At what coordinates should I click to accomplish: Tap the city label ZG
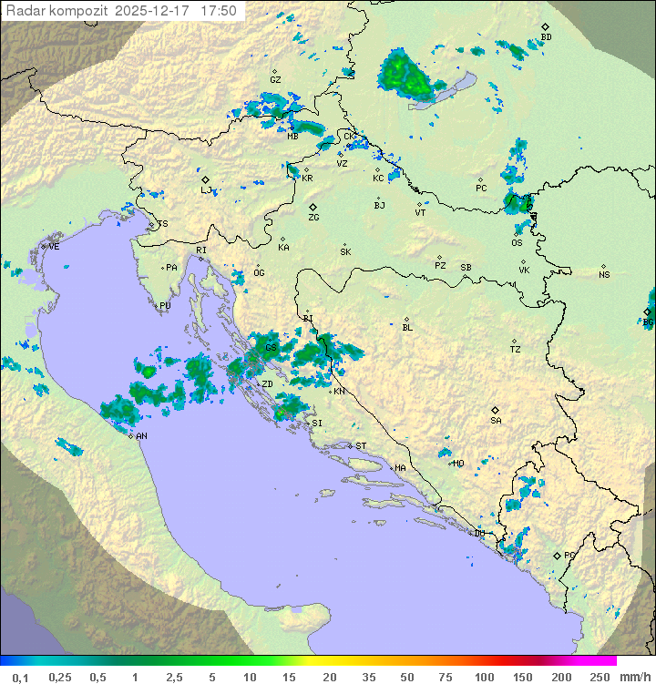click(313, 218)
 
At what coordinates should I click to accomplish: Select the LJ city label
click(206, 190)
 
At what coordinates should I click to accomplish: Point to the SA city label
click(496, 421)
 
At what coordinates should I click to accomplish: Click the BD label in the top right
click(546, 37)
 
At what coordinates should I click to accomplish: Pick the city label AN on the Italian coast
click(141, 436)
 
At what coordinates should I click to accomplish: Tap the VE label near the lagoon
click(54, 247)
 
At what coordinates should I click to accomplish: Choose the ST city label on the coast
click(361, 446)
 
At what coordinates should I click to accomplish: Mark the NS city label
click(604, 275)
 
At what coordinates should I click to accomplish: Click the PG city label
click(569, 555)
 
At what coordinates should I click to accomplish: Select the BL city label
click(407, 328)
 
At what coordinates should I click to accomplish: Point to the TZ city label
click(515, 350)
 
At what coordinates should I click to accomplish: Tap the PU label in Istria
click(165, 306)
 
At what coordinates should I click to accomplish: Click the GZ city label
click(275, 80)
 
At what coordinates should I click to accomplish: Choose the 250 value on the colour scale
click(600, 677)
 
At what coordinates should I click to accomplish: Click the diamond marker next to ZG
click(313, 207)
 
